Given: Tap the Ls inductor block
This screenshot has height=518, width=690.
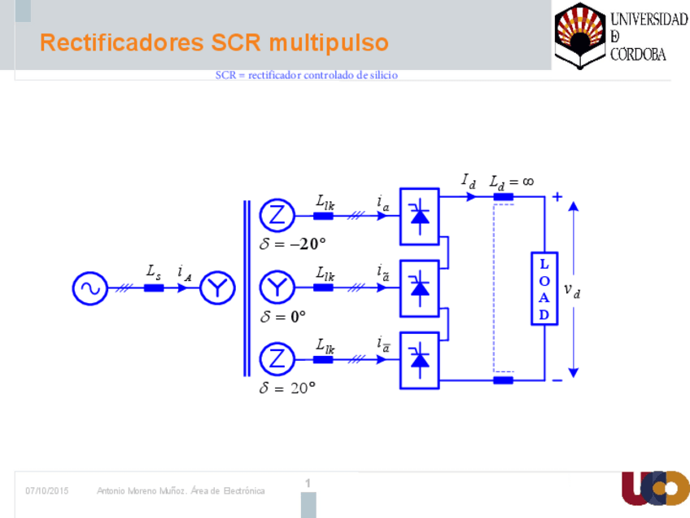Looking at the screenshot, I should [x=154, y=288].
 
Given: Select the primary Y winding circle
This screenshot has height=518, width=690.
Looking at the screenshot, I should [x=218, y=288].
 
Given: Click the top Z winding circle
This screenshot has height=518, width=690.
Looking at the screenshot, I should [x=277, y=215].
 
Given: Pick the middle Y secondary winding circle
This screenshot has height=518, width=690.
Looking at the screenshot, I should [x=277, y=288].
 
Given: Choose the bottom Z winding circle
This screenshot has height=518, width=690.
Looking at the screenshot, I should [x=277, y=359].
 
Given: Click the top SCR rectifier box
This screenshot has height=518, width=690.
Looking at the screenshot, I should [x=419, y=217].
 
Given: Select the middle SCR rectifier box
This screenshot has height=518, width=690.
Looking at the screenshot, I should [x=419, y=288].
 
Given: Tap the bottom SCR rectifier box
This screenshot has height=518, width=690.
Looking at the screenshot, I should [x=419, y=359].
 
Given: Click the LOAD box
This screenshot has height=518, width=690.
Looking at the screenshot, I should [x=544, y=288].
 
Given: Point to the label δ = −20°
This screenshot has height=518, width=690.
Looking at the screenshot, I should [x=293, y=244].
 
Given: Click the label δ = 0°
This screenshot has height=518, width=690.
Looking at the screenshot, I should [x=283, y=316].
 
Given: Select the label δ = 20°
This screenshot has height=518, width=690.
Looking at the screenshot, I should [x=287, y=388].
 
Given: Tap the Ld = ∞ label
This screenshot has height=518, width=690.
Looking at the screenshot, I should [x=511, y=182].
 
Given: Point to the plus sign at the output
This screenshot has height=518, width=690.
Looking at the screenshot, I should [x=557, y=196].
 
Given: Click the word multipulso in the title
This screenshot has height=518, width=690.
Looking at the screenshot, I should [x=330, y=42].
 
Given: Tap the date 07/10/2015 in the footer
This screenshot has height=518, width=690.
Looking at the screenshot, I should [x=47, y=490].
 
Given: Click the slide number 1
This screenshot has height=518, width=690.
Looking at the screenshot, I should [x=308, y=484].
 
